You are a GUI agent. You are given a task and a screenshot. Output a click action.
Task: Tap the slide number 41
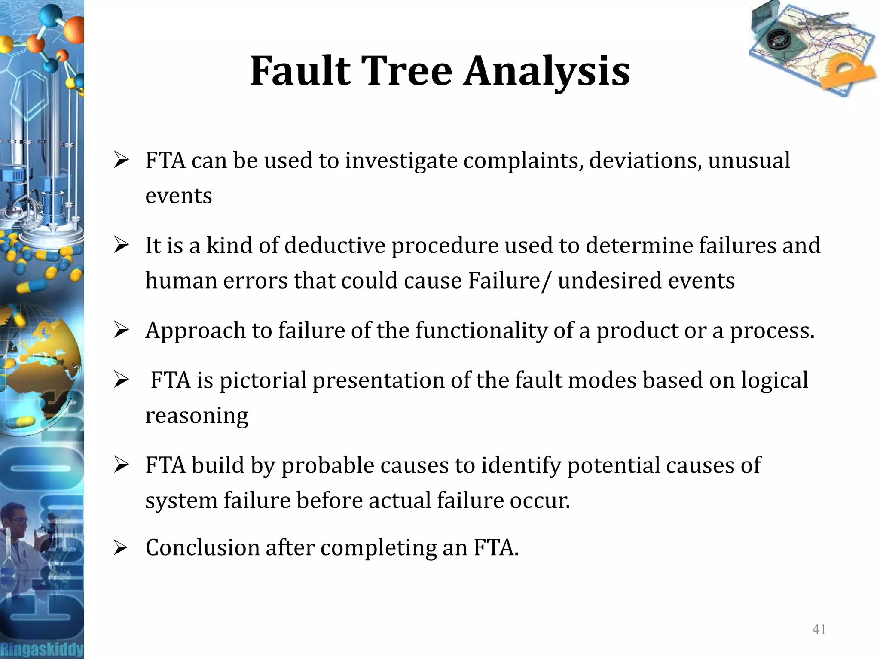coord(819,629)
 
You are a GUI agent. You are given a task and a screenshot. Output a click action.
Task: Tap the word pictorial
coord(263,381)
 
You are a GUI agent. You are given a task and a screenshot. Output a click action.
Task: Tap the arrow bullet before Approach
coord(121,330)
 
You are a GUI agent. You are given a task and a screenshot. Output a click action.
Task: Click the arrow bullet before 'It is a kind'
coord(121,245)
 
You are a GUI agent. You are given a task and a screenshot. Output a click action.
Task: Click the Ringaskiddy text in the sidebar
coord(42,649)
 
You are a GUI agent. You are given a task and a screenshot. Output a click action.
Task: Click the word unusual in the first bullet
coord(749,161)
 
